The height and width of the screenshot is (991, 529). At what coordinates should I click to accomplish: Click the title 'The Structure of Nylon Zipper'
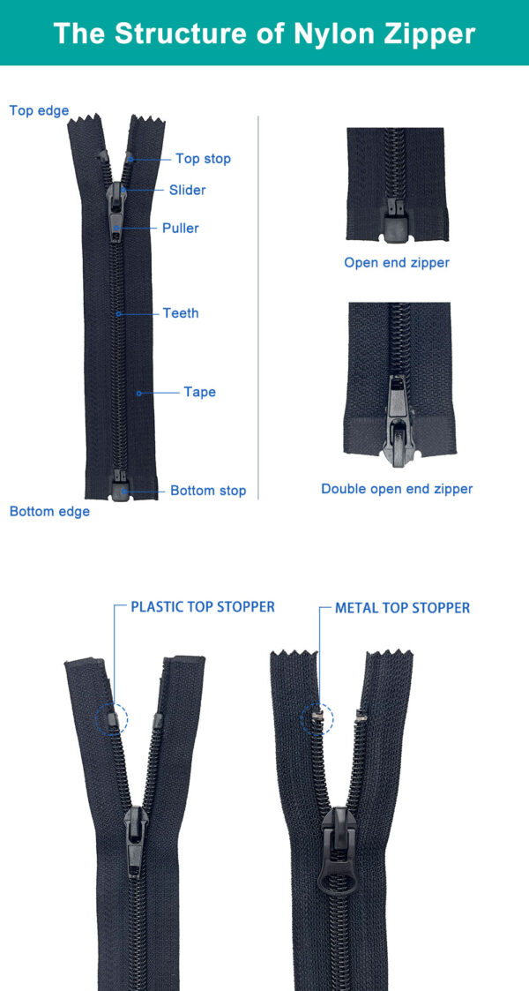(264, 34)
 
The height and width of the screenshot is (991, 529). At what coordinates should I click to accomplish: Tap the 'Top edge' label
(39, 111)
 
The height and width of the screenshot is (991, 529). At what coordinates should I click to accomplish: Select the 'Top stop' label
(203, 159)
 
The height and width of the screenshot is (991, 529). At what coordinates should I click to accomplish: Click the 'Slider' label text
(187, 190)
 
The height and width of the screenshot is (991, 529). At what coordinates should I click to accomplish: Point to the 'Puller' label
(180, 229)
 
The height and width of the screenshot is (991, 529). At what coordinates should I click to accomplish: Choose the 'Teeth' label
(181, 313)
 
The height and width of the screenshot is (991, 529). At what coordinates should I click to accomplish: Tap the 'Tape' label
(199, 392)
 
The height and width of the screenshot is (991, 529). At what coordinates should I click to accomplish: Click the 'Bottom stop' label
(208, 491)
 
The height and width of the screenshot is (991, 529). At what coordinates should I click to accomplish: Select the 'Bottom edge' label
(49, 512)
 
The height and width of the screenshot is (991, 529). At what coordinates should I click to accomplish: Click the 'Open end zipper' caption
(397, 263)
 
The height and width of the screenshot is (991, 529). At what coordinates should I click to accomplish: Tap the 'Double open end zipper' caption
(397, 489)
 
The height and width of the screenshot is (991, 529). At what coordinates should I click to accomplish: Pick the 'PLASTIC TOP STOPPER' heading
(203, 607)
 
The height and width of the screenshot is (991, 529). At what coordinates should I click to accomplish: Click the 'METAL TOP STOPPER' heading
(402, 608)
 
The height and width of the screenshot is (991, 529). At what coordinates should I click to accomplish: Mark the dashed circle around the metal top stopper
(317, 719)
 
